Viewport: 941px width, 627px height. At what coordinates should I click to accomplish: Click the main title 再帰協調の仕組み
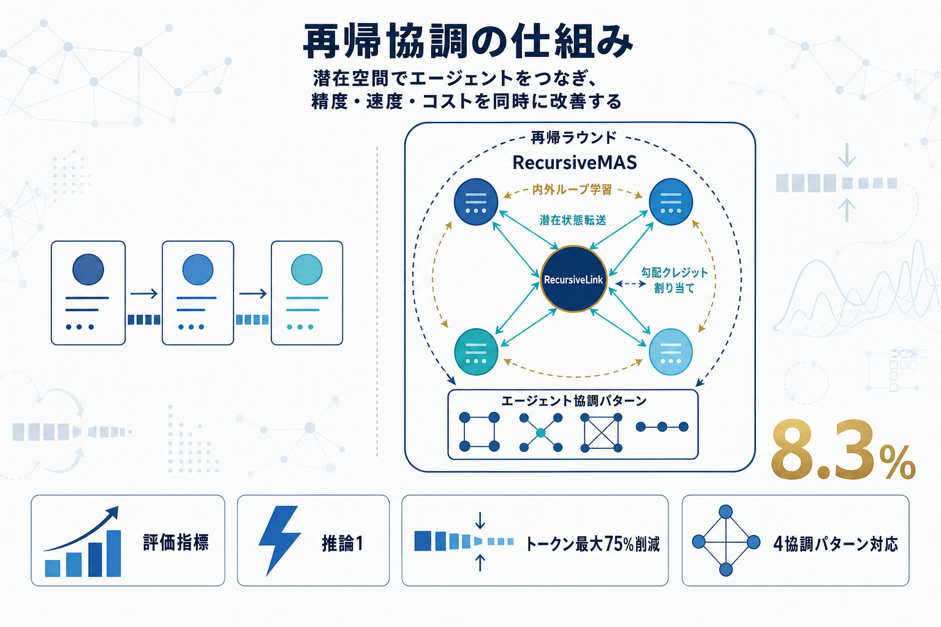468,42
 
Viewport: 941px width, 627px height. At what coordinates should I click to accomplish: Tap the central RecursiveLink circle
573,279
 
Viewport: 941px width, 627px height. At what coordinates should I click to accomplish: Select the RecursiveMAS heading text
575,162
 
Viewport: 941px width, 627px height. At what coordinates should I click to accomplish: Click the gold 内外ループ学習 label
572,190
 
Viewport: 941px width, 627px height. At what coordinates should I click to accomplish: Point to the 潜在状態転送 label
573,220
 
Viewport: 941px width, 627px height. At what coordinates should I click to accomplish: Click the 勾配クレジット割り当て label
674,280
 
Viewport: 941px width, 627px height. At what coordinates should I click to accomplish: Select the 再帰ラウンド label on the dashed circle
573,138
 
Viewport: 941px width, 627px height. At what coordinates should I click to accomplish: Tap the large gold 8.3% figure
842,451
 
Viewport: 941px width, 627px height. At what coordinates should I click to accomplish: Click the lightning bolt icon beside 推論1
279,539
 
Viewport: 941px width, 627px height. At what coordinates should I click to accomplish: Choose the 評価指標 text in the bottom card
176,543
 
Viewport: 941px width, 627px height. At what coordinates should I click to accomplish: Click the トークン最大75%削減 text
592,544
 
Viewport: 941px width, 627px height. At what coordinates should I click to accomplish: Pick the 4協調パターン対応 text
836,544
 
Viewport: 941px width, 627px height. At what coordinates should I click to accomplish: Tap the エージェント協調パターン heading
573,401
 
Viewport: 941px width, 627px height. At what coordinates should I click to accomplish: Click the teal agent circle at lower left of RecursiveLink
476,352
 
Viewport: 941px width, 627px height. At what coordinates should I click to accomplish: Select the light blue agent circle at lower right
670,352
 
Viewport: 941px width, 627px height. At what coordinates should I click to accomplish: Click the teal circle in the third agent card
307,269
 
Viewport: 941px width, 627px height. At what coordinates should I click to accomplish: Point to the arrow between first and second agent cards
144,294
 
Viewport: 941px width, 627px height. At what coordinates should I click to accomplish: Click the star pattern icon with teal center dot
540,432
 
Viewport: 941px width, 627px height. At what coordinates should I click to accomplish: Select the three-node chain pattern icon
662,427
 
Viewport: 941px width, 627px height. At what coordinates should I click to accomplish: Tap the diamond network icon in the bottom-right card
726,541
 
